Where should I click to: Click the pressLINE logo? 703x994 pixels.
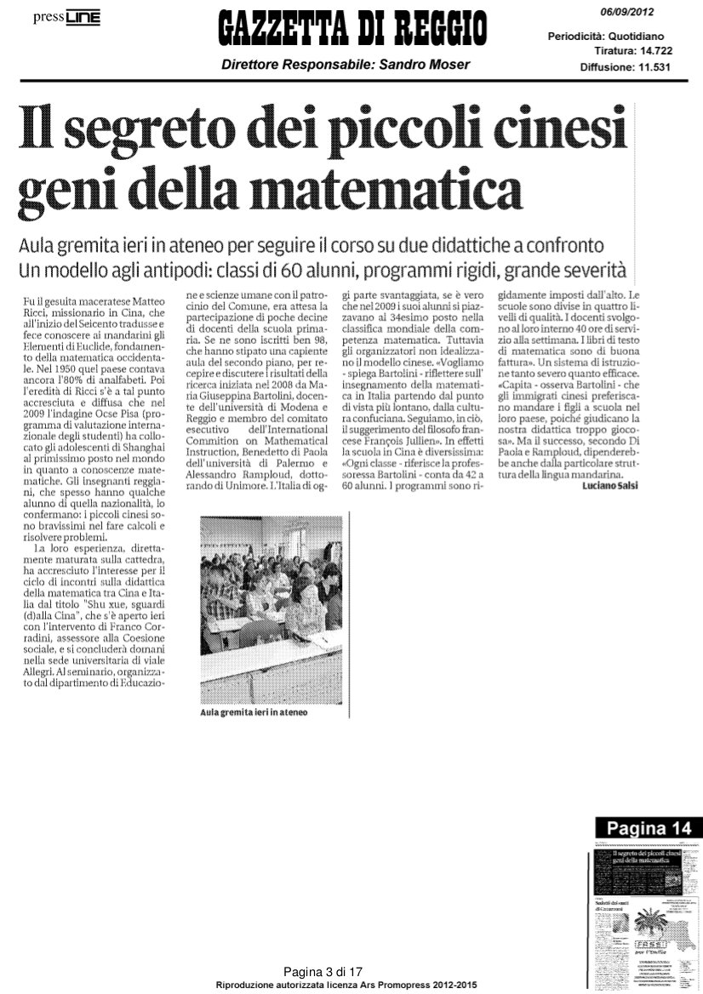(67, 18)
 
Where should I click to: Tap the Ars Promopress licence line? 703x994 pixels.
(346, 985)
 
